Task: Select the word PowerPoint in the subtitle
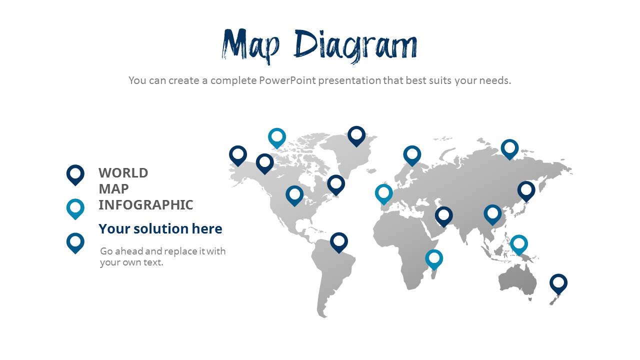pyautogui.click(x=287, y=80)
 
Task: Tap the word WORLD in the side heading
pyautogui.click(x=123, y=173)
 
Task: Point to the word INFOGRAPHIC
pyautogui.click(x=145, y=205)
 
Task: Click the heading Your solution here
pyautogui.click(x=160, y=229)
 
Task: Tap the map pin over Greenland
pyautogui.click(x=356, y=135)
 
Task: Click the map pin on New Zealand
pyautogui.click(x=558, y=283)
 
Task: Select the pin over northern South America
pyautogui.click(x=339, y=241)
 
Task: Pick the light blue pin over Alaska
pyautogui.click(x=277, y=137)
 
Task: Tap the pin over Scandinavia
pyautogui.click(x=412, y=155)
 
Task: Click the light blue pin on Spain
pyautogui.click(x=383, y=193)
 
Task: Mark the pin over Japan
pyautogui.click(x=526, y=190)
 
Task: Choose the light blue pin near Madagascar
pyautogui.click(x=434, y=258)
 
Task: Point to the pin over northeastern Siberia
pyautogui.click(x=509, y=148)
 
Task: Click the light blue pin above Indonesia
pyautogui.click(x=519, y=244)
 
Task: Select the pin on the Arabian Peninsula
pyautogui.click(x=443, y=216)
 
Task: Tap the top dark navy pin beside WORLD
pyautogui.click(x=75, y=174)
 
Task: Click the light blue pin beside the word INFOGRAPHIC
pyautogui.click(x=75, y=208)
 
